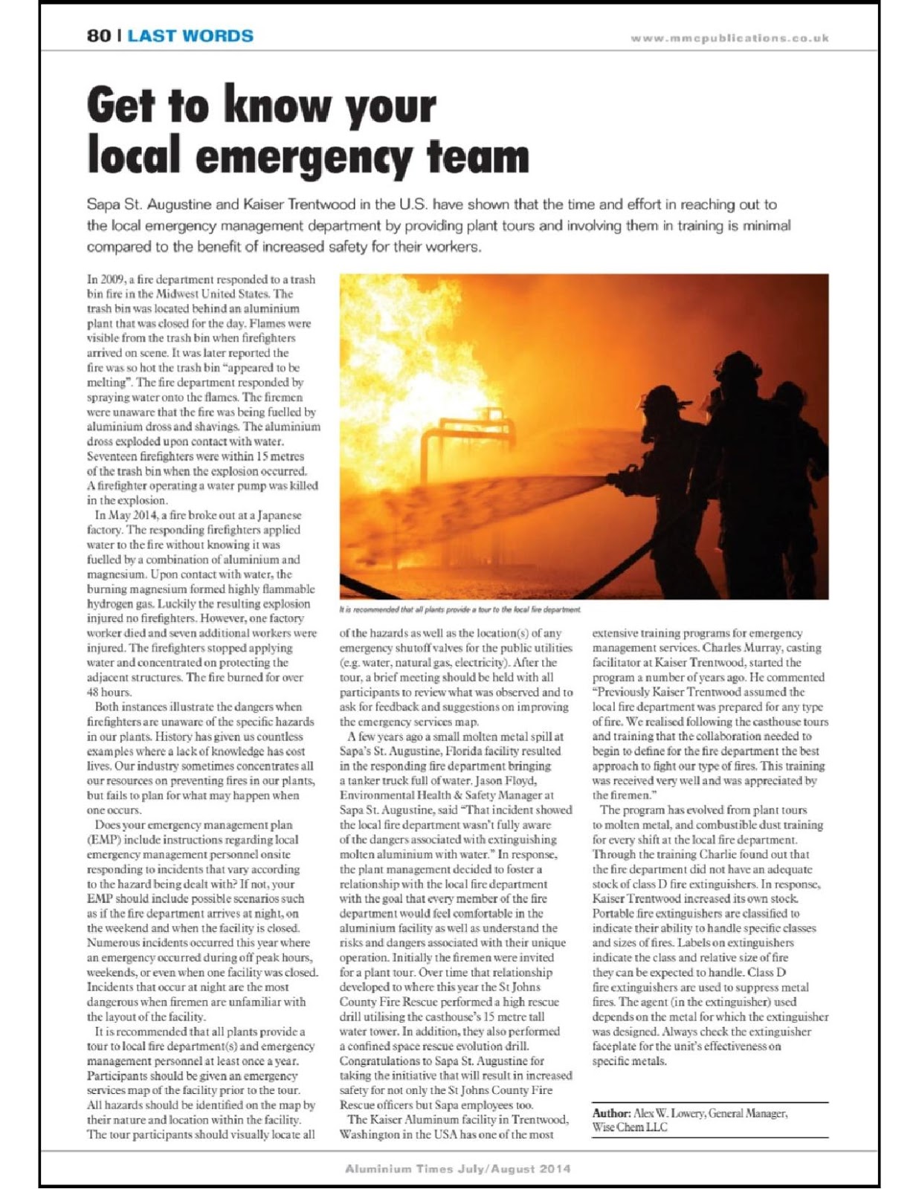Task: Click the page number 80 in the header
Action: tap(99, 36)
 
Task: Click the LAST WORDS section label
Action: tap(190, 36)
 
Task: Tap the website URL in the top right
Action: tap(729, 38)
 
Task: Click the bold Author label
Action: tap(611, 1113)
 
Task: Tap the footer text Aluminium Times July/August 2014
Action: tap(457, 1168)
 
